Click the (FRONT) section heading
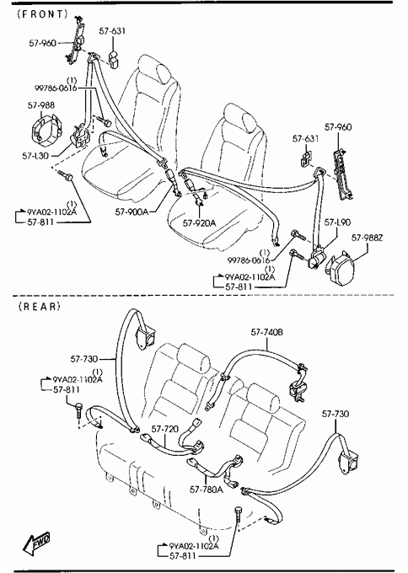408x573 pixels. [42, 13]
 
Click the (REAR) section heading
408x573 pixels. [39, 306]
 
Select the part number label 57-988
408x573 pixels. [41, 105]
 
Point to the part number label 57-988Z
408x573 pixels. [367, 238]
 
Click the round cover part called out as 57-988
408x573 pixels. [44, 128]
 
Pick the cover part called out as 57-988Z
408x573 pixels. [340, 267]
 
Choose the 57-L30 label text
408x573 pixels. [35, 156]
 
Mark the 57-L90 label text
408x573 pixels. [337, 222]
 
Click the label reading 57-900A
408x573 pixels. [132, 212]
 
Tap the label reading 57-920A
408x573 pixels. [199, 222]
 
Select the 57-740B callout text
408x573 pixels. [266, 332]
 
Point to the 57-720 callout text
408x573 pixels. [165, 429]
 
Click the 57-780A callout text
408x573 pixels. [207, 489]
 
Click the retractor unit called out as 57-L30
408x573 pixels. [79, 137]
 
